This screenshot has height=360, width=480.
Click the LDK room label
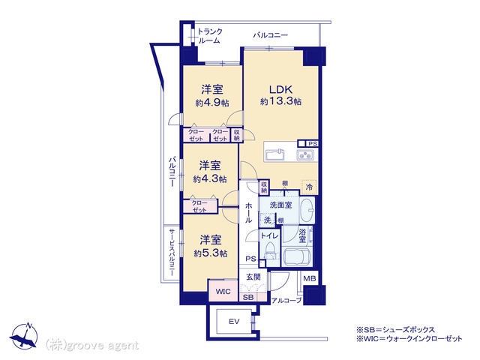pyautogui.click(x=280, y=89)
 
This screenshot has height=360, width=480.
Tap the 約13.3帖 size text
pyautogui.click(x=280, y=101)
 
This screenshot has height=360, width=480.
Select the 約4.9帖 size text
pyautogui.click(x=212, y=103)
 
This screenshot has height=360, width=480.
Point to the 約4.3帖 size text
pyautogui.click(x=210, y=178)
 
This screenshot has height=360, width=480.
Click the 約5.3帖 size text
pyautogui.click(x=210, y=253)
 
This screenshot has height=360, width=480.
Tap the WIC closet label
pyautogui.click(x=223, y=292)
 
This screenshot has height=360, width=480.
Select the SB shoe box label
pyautogui.click(x=248, y=297)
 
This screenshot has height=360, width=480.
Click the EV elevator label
pyautogui.click(x=234, y=322)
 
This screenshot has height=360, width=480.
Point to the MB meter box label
pyautogui.click(x=310, y=278)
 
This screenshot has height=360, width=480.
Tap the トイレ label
pyautogui.click(x=269, y=235)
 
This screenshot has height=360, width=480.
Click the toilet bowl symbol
pyautogui.click(x=270, y=251)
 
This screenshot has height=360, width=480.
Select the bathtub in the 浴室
pyautogui.click(x=297, y=256)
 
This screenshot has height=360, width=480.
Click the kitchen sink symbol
pyautogui.click(x=275, y=155)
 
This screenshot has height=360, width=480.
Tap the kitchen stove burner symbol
pyautogui.click(x=305, y=155)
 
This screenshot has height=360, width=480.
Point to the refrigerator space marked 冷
pyautogui.click(x=309, y=187)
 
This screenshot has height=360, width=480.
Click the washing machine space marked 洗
pyautogui.click(x=268, y=220)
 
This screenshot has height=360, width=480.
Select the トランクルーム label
pyautogui.click(x=210, y=36)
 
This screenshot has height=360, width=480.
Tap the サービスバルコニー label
pyautogui.click(x=172, y=253)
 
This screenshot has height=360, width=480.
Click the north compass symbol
pyautogui.click(x=25, y=336)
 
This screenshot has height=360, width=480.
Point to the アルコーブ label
pyautogui.click(x=286, y=301)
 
